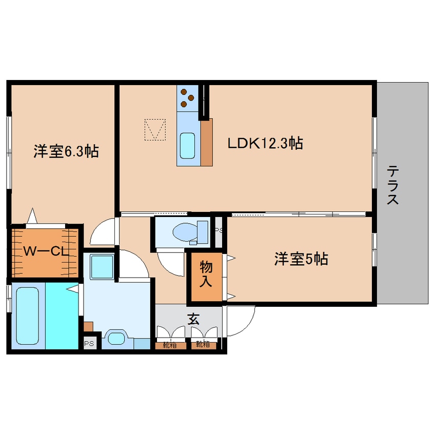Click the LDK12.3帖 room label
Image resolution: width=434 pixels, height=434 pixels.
point(265,143)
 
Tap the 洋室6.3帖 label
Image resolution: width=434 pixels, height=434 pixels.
point(66,151)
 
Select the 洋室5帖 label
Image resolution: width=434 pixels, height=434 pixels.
point(301,259)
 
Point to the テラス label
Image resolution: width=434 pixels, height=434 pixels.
point(393,185)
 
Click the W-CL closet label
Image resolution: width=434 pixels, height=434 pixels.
point(46,251)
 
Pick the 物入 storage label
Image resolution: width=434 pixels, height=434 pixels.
point(206,274)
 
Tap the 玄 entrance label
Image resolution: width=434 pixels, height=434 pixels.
point(193,319)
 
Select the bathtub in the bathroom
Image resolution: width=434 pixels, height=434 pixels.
point(27,315)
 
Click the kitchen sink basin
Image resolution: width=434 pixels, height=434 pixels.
point(187,146)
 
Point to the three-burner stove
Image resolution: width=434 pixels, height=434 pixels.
point(187,97)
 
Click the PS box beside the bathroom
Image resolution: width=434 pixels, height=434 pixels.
point(89,344)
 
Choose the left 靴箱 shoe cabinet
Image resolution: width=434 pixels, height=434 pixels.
point(170,345)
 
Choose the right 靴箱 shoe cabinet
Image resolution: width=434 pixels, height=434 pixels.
point(204,345)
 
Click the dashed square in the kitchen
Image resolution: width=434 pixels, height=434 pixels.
point(155,130)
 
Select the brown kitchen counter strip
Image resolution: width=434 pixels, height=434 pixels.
point(207,142)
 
